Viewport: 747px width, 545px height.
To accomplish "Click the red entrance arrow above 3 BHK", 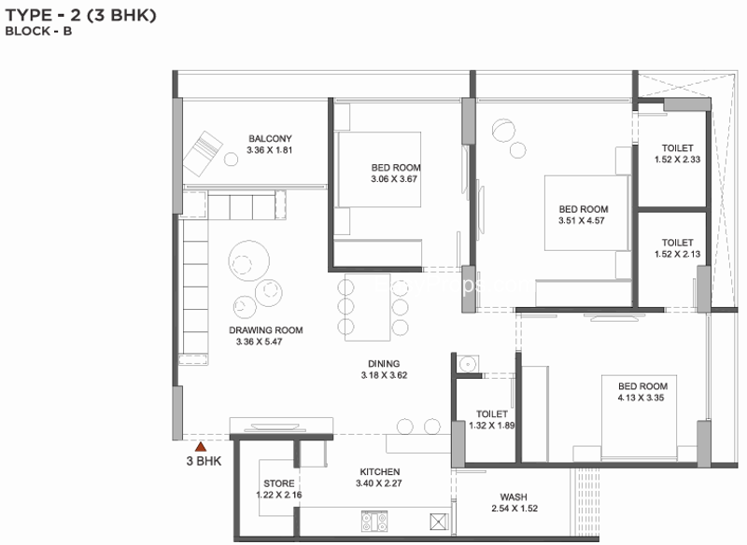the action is coord(201,446).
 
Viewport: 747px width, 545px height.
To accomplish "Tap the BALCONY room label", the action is coord(270,138).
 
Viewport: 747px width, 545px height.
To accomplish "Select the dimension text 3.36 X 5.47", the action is coord(260,342).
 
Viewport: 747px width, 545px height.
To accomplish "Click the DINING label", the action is coord(384,364).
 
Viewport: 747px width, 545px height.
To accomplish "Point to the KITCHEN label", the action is coord(380,471).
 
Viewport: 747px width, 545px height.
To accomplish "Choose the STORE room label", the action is coord(278,483).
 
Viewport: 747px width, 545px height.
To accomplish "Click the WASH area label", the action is coord(514,496).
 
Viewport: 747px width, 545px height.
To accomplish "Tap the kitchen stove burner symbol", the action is coord(374,521).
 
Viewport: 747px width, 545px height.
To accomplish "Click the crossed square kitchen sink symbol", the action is coord(439,521).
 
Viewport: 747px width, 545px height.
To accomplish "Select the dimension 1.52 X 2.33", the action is coord(677,160).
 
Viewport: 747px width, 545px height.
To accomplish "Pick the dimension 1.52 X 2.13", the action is coord(677,254).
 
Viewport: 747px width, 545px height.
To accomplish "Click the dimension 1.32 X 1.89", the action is coord(492,426).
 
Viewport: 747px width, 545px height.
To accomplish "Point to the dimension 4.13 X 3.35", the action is coord(641,398).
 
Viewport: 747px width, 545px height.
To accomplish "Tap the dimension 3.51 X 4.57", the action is coord(581,220).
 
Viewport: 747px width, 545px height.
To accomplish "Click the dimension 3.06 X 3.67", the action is coord(394,179).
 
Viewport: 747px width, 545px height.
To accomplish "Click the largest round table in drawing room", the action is coord(248,261).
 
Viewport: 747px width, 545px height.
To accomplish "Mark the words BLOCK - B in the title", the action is coord(38,32).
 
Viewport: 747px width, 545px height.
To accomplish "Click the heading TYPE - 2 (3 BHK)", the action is coord(80,15).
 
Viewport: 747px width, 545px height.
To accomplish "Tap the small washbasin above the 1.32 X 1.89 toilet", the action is coord(468,364).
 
